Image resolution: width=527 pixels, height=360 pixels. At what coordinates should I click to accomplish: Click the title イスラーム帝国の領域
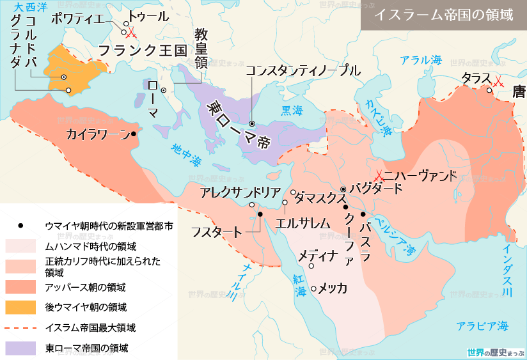click(x=443, y=15)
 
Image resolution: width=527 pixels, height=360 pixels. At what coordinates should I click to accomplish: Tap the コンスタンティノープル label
click(x=303, y=71)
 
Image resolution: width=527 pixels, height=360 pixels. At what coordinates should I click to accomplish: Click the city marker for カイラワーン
click(x=133, y=134)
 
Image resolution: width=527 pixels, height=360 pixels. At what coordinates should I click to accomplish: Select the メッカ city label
click(x=333, y=288)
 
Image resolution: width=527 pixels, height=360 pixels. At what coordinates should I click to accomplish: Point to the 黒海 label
click(x=292, y=109)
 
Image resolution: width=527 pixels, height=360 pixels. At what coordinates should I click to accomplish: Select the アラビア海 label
click(x=482, y=326)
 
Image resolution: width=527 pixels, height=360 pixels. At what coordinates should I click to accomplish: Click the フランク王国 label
click(x=141, y=49)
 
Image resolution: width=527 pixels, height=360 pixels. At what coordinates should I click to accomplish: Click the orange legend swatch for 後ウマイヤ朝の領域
click(x=22, y=307)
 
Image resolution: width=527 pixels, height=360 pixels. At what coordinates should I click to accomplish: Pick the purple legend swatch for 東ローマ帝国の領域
click(x=22, y=348)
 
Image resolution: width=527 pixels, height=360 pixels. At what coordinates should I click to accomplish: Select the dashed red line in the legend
click(x=22, y=328)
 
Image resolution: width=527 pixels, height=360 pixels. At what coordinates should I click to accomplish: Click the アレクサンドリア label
click(x=240, y=192)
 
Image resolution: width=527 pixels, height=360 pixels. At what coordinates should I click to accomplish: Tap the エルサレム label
click(x=302, y=223)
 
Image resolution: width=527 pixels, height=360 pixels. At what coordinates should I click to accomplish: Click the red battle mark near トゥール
click(x=131, y=33)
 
